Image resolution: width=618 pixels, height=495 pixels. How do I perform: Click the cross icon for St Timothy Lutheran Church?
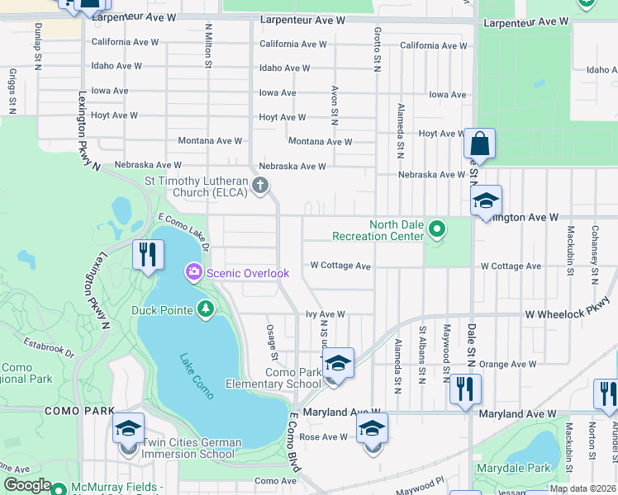point(261,185)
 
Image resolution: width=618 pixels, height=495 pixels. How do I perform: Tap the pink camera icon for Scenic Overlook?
point(194,271)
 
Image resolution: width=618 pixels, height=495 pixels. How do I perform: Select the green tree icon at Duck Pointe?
point(205,310)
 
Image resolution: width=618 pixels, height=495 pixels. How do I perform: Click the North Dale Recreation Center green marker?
point(437,229)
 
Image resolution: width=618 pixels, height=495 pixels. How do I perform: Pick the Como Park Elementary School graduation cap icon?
point(337,363)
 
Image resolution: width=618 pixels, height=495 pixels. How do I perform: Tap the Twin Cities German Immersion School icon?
point(128,429)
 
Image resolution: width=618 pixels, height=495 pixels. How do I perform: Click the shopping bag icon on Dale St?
point(479,144)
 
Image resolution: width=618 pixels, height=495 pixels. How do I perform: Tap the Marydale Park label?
point(513,468)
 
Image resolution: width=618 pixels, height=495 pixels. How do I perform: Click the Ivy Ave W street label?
point(325,314)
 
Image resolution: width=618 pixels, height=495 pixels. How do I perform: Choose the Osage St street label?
point(272,341)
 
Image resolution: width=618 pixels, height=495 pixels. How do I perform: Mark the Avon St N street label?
point(335,104)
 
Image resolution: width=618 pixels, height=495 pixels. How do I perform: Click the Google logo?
point(28,485)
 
